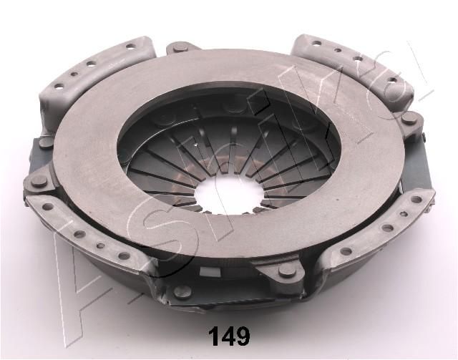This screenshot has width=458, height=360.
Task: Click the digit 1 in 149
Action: [213, 336]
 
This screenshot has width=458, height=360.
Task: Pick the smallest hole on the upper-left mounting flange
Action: [74, 74]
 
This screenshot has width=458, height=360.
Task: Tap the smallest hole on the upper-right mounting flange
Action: [338, 50]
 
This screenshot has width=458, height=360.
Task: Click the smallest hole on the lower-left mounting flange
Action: [100, 245]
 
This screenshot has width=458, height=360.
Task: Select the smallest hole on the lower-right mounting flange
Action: [404, 214]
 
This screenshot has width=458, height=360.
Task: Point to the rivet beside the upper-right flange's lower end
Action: [409, 118]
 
